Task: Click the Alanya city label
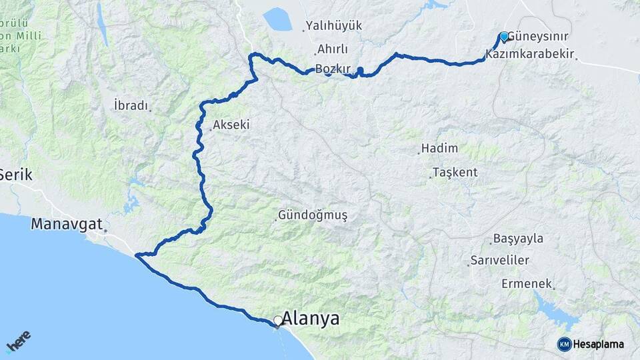click(x=310, y=319)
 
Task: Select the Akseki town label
click(x=233, y=125)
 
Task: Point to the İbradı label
click(x=130, y=105)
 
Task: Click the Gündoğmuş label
click(x=313, y=215)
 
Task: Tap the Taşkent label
click(x=455, y=172)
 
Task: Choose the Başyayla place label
click(x=518, y=239)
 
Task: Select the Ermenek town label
click(x=527, y=284)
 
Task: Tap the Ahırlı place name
click(x=333, y=49)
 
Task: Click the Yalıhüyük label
click(x=333, y=26)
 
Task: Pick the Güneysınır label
click(x=539, y=37)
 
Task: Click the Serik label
click(x=15, y=175)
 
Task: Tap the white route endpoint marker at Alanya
click(x=277, y=321)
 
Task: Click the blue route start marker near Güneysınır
click(x=504, y=36)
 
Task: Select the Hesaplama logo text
click(x=598, y=344)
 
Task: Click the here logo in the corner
click(x=19, y=341)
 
